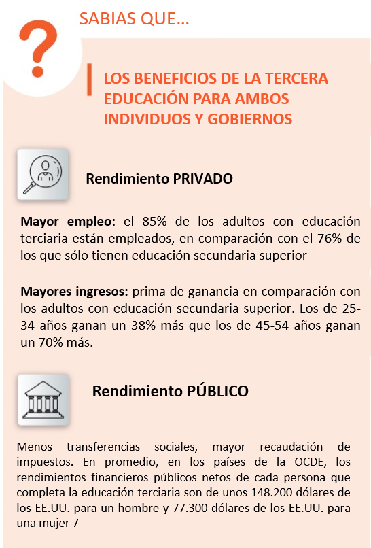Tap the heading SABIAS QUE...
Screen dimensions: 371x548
[x=133, y=19]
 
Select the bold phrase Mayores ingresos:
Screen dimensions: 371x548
[x=74, y=292]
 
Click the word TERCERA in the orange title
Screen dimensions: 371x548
[x=300, y=78]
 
